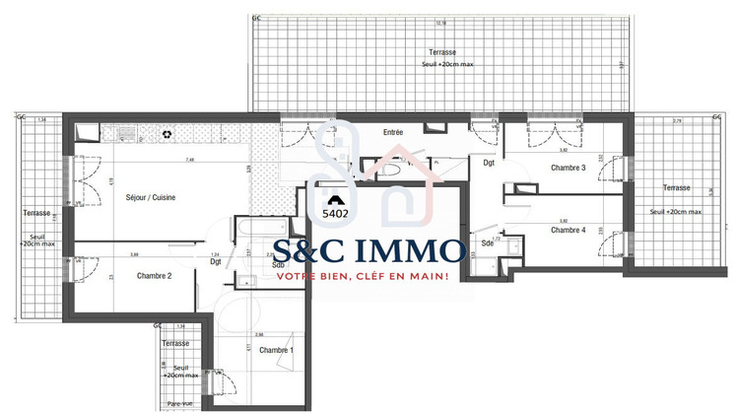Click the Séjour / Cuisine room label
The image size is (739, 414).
click(151, 198)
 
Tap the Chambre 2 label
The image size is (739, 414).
click(155, 276)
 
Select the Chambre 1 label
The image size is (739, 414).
click(276, 350)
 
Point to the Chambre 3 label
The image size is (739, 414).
click(569, 168)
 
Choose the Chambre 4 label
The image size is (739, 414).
click(569, 230)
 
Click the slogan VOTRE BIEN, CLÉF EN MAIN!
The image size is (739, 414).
click(362, 276)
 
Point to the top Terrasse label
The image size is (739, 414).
click(442, 51)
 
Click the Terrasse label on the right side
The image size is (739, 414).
click(676, 187)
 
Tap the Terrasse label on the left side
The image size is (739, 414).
click(36, 212)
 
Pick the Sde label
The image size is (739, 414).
click(487, 242)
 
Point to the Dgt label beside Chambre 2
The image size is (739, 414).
click(215, 262)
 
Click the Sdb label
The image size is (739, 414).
click(278, 264)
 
